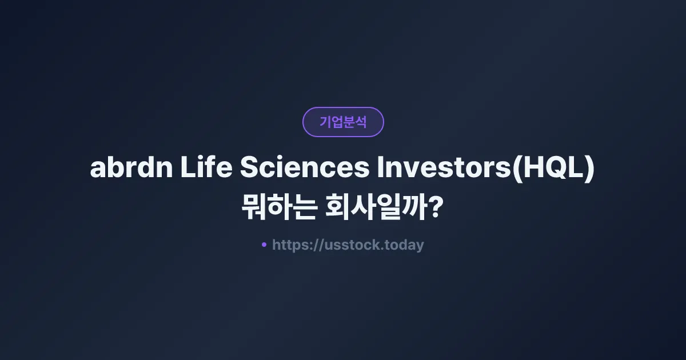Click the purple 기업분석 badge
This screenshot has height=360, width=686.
click(x=343, y=122)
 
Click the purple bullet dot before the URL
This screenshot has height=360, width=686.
click(x=264, y=245)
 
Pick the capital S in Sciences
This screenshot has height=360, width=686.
click(x=249, y=169)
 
